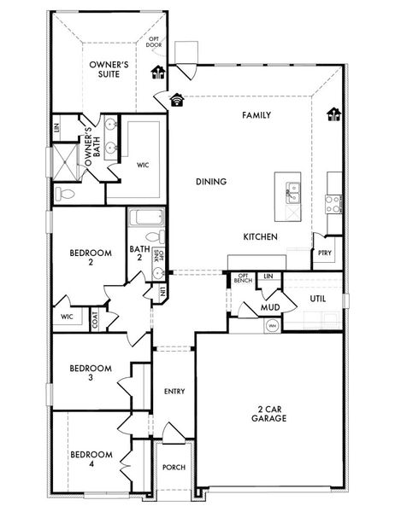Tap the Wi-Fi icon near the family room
[x=177, y=99]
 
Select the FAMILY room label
[x=256, y=114]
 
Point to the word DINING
[x=211, y=182]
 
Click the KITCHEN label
[x=260, y=236]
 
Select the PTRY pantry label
[x=324, y=253]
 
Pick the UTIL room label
[x=317, y=300]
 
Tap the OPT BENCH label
[x=243, y=279]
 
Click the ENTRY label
[x=174, y=391]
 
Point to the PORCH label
[x=174, y=467]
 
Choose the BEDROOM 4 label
[x=91, y=458]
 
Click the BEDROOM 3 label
[x=91, y=373]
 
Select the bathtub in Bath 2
[x=144, y=218]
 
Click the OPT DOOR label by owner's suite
[x=156, y=43]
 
